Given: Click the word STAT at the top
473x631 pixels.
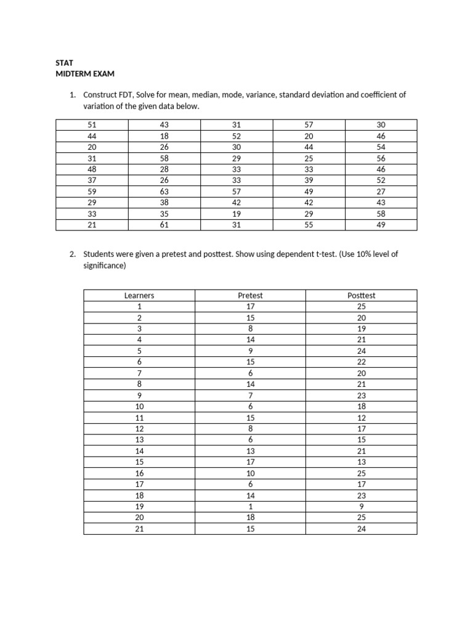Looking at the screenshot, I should tap(65, 63).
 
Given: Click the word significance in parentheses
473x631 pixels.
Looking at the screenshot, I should tap(104, 266).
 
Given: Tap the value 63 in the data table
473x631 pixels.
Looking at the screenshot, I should tap(164, 192).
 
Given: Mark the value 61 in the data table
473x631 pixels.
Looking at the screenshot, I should tap(164, 225).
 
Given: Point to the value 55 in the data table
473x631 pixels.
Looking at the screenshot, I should tap(309, 225).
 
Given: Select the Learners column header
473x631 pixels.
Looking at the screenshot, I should tap(139, 295).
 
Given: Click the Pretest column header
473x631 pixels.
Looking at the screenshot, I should tap(250, 295).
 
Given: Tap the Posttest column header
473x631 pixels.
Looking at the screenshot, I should tap(361, 295).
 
